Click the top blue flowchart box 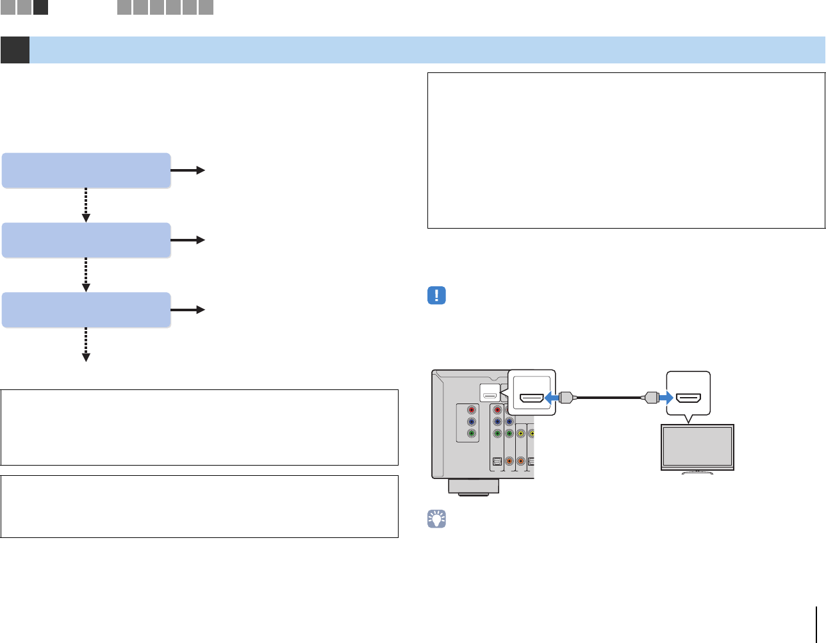(x=86, y=170)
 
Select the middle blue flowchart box (x=86, y=240)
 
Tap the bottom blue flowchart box (x=86, y=310)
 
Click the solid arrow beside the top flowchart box (x=188, y=170)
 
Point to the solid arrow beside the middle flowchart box (x=188, y=240)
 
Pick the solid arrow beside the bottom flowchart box (x=188, y=310)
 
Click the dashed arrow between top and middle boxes (x=86, y=206)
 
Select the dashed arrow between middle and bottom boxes (x=86, y=275)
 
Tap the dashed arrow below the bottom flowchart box (x=86, y=345)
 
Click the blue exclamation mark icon (x=436, y=295)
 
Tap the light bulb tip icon (x=436, y=519)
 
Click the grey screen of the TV (x=697, y=447)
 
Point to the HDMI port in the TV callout (x=689, y=398)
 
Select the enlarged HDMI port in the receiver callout (x=531, y=398)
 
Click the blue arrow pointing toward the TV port (x=664, y=398)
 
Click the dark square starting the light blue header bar (x=15, y=50)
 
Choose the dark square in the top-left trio (x=40, y=8)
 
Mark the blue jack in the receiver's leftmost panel (x=472, y=422)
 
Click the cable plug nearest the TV (x=650, y=398)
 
